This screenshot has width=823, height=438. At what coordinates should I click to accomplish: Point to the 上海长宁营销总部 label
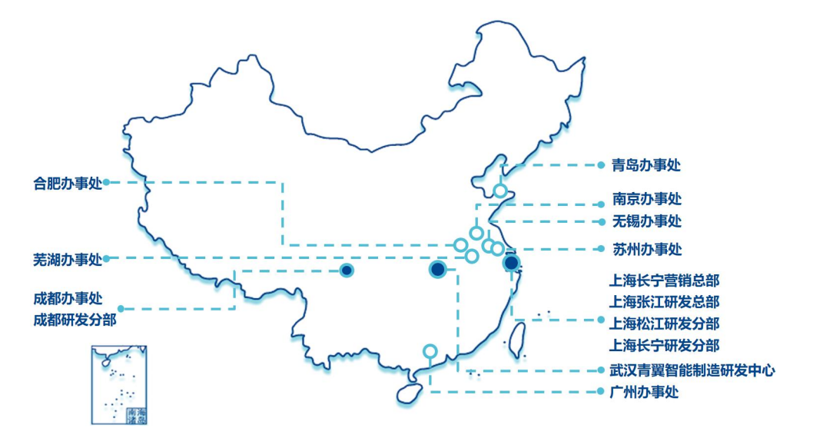(x=664, y=280)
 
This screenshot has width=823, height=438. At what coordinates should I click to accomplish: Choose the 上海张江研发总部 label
(x=664, y=301)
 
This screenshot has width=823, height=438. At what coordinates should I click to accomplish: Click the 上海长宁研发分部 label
(x=664, y=345)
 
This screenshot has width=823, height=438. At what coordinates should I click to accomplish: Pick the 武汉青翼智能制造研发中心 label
(x=692, y=370)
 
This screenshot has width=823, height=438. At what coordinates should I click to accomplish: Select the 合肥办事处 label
(x=68, y=183)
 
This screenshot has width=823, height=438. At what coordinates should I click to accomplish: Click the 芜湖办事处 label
(x=68, y=258)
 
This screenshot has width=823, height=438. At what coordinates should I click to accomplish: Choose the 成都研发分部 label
(x=75, y=319)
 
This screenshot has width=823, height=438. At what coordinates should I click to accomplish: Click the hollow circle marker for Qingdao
(x=500, y=191)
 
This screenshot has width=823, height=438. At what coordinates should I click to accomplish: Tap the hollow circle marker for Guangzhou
(x=430, y=352)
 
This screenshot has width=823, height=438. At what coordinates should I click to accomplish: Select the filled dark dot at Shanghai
(x=511, y=264)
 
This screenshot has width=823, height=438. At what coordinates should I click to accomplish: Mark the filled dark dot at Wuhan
(x=437, y=269)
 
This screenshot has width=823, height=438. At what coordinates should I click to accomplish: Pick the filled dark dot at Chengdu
(x=347, y=270)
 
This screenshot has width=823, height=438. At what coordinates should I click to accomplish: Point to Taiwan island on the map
(x=518, y=338)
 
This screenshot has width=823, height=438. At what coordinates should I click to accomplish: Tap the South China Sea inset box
(x=118, y=384)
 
